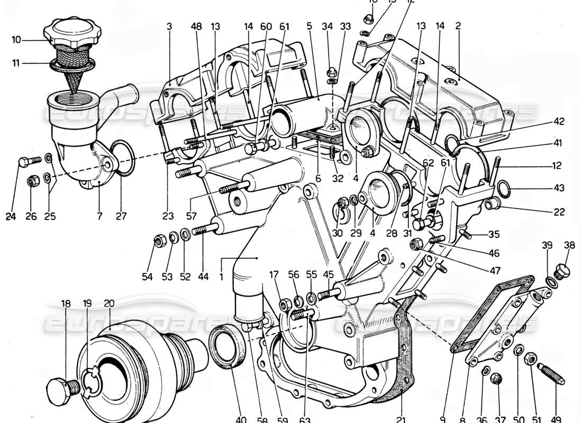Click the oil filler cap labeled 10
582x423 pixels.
tap(71, 32)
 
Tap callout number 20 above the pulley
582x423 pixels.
tap(109, 304)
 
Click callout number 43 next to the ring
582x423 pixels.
tap(560, 188)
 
